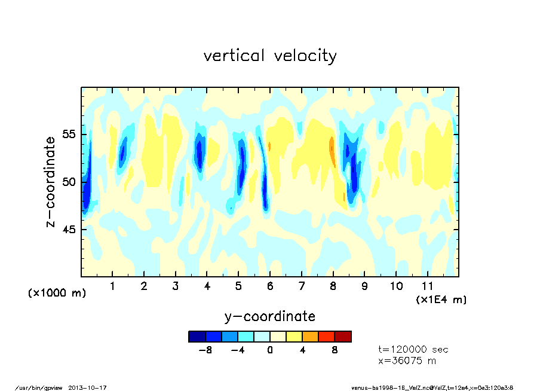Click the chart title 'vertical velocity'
pos(270,56)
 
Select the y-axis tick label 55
pos(70,135)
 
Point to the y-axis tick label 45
pos(70,230)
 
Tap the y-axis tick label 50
pos(70,182)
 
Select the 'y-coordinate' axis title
pos(270,316)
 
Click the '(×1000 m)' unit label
pos(57,294)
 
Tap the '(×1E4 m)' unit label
pos(441,300)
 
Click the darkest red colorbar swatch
pos(343,337)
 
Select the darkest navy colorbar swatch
pos(197,337)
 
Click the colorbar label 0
pos(270,350)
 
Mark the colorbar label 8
pos(335,350)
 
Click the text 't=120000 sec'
pos(413,350)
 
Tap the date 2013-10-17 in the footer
pos(92,387)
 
